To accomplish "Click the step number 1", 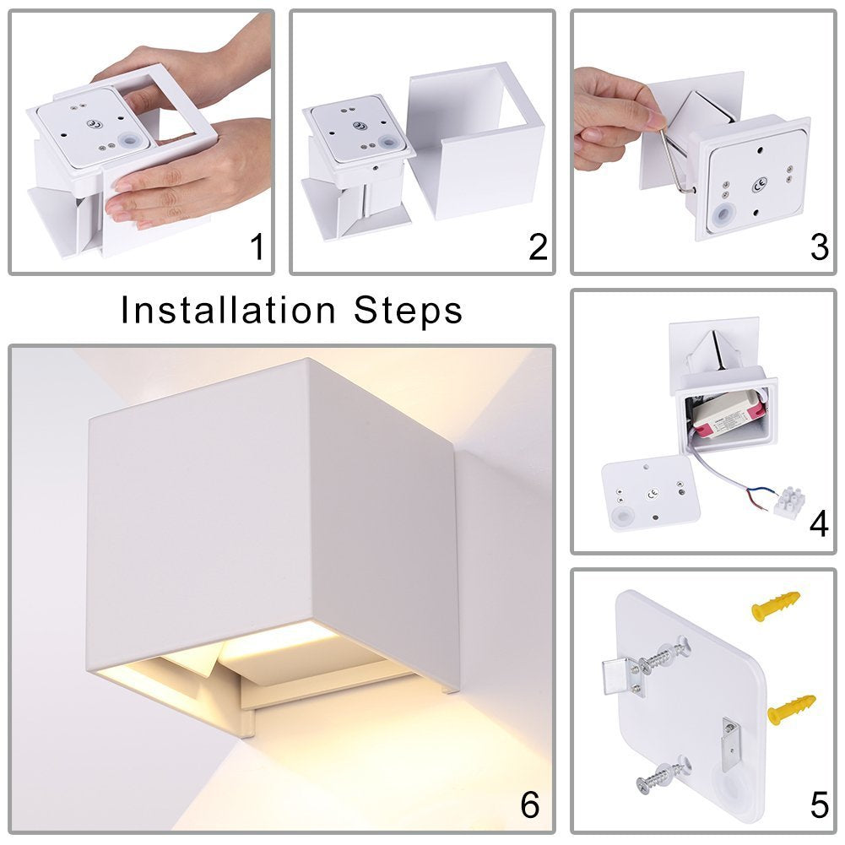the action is tap(257, 246).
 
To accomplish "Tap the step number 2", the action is tap(538, 246).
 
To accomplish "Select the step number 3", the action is tap(819, 246).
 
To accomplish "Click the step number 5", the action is tap(819, 805).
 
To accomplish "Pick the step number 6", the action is tap(530, 805).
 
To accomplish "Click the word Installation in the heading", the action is tap(228, 310).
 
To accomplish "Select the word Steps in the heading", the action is tap(408, 311).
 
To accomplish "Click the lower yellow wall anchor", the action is tap(791, 709).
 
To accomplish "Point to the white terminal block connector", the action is tap(790, 500).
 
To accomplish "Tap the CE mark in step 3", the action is tap(760, 187).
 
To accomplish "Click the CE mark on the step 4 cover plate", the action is tap(653, 492).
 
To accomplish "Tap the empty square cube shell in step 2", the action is tap(474, 140).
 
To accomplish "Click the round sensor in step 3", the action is tap(723, 214).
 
